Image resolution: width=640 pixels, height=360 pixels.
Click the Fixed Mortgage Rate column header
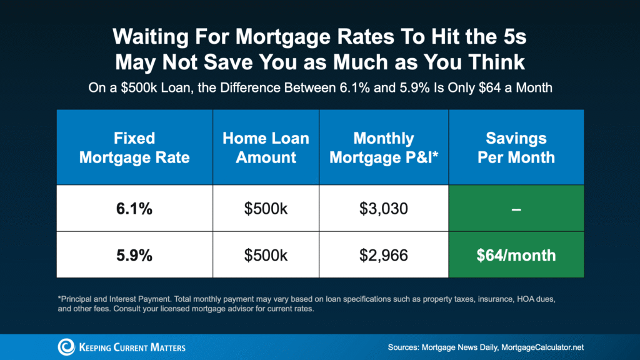tap(134, 147)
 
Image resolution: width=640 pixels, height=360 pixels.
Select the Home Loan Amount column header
tap(266, 147)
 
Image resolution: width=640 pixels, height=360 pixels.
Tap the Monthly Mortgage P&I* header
tap(383, 147)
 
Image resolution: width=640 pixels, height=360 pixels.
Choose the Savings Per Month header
tap(516, 147)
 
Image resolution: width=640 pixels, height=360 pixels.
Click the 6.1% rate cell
tap(134, 208)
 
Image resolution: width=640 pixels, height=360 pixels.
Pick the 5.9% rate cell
tap(134, 254)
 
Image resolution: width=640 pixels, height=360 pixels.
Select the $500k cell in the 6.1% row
tap(266, 208)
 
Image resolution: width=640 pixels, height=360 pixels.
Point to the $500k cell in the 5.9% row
tap(266, 254)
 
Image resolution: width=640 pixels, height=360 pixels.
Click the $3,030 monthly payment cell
tap(383, 208)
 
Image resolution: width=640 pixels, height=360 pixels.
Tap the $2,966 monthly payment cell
tap(383, 254)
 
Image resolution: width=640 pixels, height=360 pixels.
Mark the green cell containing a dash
tap(516, 208)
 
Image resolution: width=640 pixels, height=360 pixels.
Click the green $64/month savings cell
tap(516, 254)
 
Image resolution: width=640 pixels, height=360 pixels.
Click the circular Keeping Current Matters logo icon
tap(66, 346)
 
